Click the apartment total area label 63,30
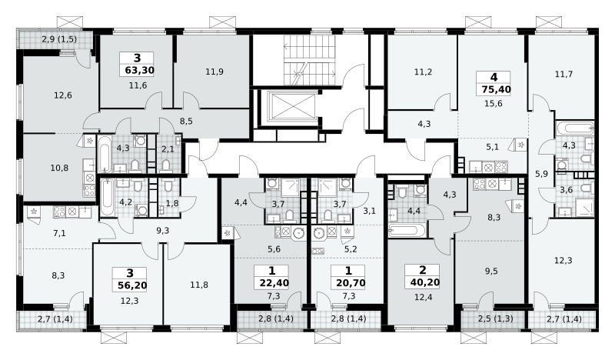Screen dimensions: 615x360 click(x=139, y=71)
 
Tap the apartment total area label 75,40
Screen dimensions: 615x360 click(x=496, y=89)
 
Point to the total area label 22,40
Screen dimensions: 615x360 click(x=274, y=282)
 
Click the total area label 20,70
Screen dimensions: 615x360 click(x=351, y=282)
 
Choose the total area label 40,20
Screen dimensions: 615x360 click(x=425, y=282)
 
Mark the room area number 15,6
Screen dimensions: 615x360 click(x=494, y=104)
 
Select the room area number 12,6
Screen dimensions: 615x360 click(x=63, y=95)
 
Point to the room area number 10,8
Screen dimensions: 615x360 click(x=59, y=168)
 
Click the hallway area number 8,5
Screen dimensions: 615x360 click(x=186, y=122)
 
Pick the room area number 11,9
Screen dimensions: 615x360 click(x=214, y=72)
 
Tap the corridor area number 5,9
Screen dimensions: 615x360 click(x=542, y=174)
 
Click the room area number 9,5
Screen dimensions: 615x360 click(x=491, y=271)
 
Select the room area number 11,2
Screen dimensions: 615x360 click(x=424, y=72)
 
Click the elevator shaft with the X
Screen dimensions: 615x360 click(x=293, y=105)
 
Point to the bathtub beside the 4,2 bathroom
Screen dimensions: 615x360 click(x=107, y=198)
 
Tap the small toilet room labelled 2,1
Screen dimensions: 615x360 click(x=168, y=154)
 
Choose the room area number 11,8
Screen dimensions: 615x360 click(x=199, y=285)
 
